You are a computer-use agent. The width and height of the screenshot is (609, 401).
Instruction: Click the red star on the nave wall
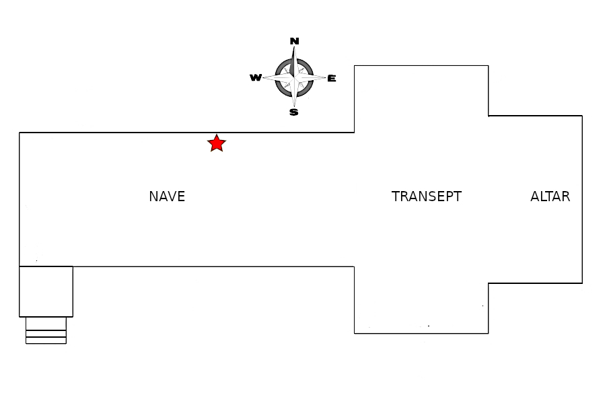[x=216, y=143]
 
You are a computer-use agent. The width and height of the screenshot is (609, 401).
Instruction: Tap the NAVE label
[x=167, y=196]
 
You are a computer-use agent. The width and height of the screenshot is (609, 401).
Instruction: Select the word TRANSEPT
[x=427, y=196]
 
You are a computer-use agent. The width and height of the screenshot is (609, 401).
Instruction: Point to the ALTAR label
[x=550, y=196]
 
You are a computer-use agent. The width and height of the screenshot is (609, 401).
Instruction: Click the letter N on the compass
[x=294, y=41]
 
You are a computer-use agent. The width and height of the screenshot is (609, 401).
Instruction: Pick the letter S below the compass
[x=294, y=112]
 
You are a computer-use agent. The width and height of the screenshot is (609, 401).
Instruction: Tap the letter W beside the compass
[x=256, y=78]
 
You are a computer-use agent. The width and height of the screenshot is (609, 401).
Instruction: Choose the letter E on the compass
[x=332, y=78]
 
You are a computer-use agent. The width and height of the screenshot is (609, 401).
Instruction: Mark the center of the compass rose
[x=294, y=77]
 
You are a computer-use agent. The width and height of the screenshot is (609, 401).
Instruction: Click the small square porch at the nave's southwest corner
[x=46, y=291]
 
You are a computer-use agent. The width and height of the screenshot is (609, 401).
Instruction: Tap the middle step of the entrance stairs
[x=46, y=333]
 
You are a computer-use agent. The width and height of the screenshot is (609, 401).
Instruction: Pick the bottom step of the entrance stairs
[x=46, y=340]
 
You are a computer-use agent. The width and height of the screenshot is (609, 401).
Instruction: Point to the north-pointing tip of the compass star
[x=294, y=48]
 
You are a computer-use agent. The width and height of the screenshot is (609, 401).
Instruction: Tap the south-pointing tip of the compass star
[x=294, y=106]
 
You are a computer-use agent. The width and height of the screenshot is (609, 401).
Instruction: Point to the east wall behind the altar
[x=582, y=199]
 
